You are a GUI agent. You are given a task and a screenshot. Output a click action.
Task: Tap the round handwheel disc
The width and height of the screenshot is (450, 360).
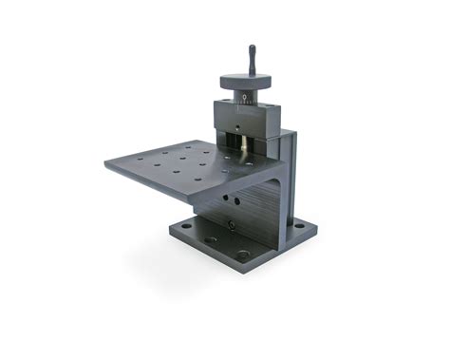[250, 82]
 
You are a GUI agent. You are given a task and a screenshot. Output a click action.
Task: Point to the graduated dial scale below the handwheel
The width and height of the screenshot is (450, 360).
[248, 98]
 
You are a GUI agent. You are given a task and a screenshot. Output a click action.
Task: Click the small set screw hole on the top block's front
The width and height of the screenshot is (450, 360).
[236, 125]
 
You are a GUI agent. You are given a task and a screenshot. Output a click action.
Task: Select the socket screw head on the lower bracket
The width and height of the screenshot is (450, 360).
[231, 224]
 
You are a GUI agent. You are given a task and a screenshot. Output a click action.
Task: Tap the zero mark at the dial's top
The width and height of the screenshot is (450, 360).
[248, 94]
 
